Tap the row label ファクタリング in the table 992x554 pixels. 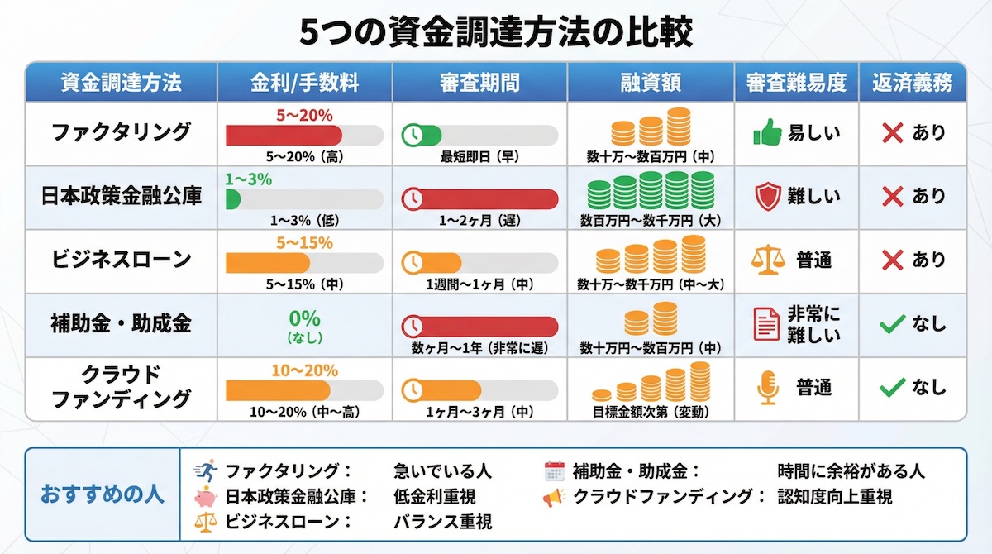(x=121, y=132)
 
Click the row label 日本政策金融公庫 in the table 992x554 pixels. (x=121, y=196)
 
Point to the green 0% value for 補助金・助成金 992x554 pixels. (x=304, y=319)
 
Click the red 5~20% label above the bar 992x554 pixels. (x=304, y=114)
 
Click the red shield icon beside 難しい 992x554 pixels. (x=767, y=197)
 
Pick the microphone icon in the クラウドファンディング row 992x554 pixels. (x=768, y=388)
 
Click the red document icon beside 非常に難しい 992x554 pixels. (x=766, y=323)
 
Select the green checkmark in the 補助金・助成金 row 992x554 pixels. (x=891, y=324)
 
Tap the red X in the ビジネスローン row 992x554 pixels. (x=891, y=260)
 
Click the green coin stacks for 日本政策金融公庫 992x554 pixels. (x=650, y=191)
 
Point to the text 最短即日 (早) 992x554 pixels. (x=479, y=155)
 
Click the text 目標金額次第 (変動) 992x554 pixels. (x=651, y=411)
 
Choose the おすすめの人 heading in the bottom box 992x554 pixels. (x=103, y=494)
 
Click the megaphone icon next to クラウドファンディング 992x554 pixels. (x=553, y=497)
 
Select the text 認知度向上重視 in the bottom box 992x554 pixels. (x=835, y=497)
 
